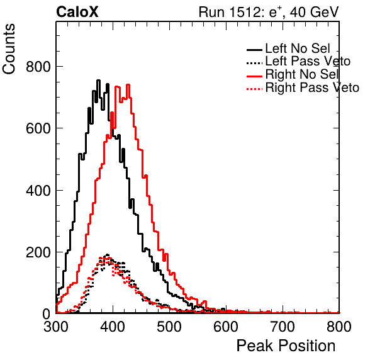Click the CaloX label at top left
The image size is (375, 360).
coord(77,12)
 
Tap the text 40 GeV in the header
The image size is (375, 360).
coord(314,12)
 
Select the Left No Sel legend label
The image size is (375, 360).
coord(298,48)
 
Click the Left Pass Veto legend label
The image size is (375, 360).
coord(308,61)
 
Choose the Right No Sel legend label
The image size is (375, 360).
coord(302,74)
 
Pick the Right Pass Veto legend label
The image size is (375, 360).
coord(312,87)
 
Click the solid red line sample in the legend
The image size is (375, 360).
coord(254,76)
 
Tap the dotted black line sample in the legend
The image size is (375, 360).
coord(254,63)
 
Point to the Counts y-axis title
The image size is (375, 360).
coord(9,49)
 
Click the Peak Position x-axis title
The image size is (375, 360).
coord(286,346)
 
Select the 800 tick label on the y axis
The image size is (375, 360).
coord(38,67)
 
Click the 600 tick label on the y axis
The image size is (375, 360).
coord(38,128)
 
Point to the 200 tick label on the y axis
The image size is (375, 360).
coord(38,252)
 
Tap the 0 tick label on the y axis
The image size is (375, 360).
coord(47,314)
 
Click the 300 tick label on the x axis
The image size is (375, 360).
coord(56,327)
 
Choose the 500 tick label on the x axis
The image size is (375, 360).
coord(169,327)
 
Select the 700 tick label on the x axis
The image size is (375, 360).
coord(283,327)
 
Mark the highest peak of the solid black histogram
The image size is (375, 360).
coord(98,81)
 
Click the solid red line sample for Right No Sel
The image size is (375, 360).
coord(254,76)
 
